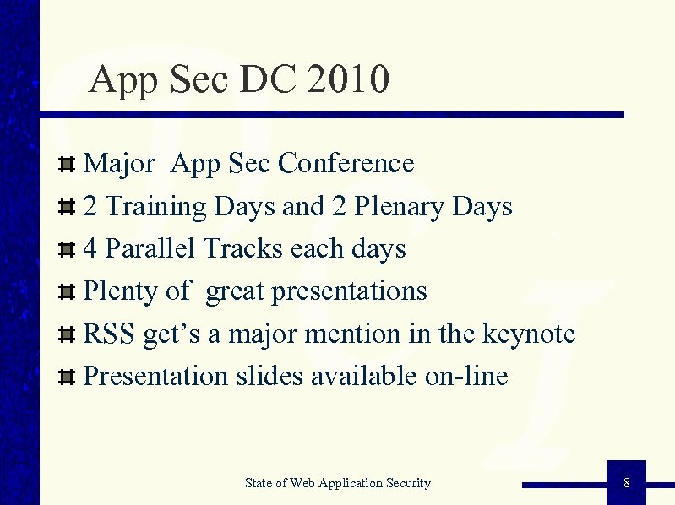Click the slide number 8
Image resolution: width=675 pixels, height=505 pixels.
coord(626,483)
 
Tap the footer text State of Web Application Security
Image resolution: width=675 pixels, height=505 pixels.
coord(337,483)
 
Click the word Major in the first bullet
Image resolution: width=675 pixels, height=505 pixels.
coord(119,163)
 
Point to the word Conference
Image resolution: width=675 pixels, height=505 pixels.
coord(346,163)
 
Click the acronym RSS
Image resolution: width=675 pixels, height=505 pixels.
coord(109,334)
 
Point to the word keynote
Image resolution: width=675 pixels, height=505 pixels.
coord(528,334)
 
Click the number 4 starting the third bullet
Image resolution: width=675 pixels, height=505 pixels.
coord(91,249)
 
